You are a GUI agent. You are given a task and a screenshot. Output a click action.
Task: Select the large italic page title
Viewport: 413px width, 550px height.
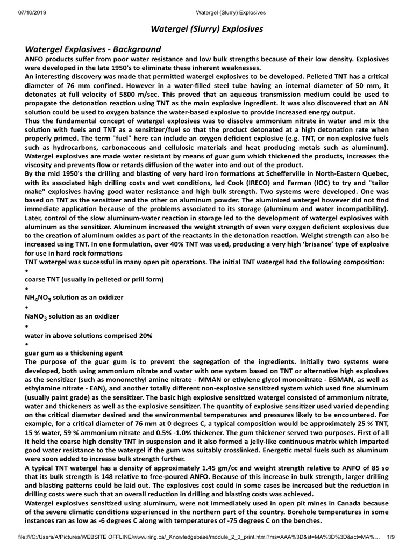(206, 29)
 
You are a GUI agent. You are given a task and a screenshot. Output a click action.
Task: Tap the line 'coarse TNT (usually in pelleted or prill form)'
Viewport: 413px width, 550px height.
(94, 280)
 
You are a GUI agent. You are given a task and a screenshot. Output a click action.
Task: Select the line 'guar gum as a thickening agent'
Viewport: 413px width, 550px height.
(74, 353)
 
